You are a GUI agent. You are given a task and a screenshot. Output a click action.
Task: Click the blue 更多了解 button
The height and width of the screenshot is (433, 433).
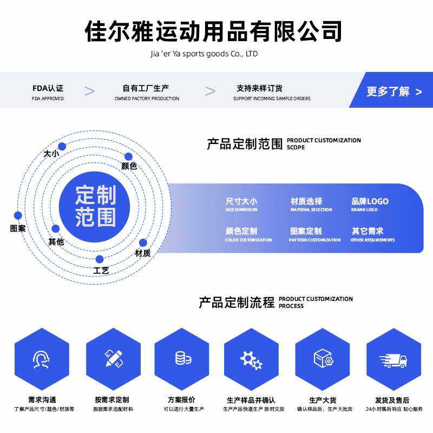coord(393,91)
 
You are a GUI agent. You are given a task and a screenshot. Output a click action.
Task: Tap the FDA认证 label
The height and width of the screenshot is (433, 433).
coord(48,88)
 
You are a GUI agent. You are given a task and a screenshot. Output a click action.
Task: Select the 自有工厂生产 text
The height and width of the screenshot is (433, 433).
coord(146,88)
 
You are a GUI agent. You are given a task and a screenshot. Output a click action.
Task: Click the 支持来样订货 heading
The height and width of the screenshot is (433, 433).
coord(259,88)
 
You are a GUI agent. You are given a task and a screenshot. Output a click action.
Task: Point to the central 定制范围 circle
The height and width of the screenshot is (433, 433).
coord(96,206)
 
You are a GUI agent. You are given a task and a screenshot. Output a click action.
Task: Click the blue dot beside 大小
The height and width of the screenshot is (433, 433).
coord(62,146)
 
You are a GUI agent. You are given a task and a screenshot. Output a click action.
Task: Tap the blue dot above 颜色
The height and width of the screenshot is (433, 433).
coord(128,157)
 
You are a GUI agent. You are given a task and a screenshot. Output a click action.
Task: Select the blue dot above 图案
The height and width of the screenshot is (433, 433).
coord(18,215)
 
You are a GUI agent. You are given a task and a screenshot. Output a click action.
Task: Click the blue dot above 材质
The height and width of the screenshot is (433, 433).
coord(143,243)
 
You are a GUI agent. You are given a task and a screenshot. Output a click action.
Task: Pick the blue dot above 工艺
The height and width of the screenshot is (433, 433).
coord(100,260)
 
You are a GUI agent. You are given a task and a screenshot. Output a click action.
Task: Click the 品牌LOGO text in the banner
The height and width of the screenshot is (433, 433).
coord(370,201)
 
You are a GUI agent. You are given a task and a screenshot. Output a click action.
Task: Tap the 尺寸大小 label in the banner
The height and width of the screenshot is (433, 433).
coord(241,201)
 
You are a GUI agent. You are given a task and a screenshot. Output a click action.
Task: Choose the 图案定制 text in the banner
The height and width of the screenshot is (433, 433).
coord(306,231)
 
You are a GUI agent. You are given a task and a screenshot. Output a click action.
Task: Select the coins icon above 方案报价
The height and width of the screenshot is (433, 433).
coord(182,358)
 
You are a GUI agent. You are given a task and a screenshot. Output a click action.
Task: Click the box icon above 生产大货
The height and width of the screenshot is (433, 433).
coord(323,359)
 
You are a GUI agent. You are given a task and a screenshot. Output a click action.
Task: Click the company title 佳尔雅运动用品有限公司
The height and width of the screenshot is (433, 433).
coord(214,31)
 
